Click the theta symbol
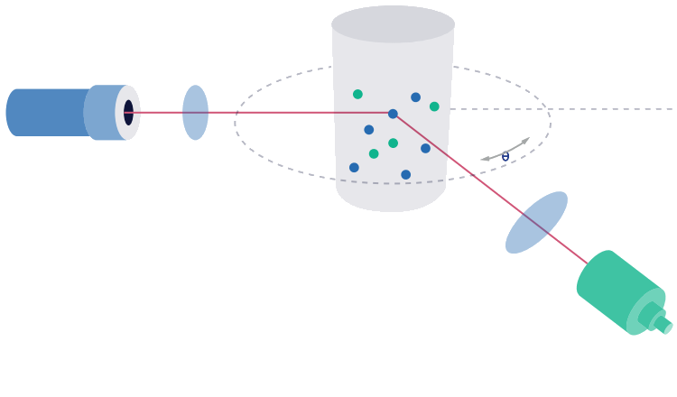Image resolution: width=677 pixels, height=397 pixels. pos(505,157)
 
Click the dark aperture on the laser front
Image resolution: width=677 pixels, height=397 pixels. pos(128,113)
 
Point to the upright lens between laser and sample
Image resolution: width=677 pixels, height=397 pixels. pos(195,113)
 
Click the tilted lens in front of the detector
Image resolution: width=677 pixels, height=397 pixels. pos(536,222)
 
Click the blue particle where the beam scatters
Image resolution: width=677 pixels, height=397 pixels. pos(393,114)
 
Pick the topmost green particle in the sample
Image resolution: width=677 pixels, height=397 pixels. pos(357,94)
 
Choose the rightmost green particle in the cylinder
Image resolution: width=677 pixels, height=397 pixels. pos(434,106)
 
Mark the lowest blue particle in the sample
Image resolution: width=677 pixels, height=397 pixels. pos(405,175)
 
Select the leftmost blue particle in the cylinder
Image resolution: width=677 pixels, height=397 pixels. pos(354,167)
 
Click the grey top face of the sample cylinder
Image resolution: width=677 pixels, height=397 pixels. pos(393,23)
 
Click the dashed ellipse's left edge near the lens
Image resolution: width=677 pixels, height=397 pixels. pos(236,122)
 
